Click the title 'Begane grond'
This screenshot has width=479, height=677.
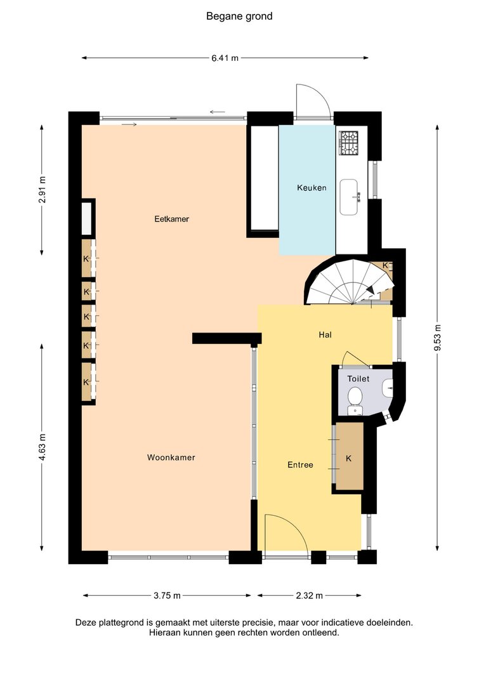[239, 16]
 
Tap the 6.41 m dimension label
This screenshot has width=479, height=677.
[225, 58]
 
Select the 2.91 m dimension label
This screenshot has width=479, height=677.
[42, 190]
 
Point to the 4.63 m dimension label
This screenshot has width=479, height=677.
[42, 447]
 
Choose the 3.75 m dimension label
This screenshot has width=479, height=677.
[167, 596]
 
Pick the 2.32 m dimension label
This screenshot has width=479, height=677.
[310, 596]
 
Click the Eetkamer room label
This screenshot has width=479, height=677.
[172, 219]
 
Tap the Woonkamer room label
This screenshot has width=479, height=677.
[171, 457]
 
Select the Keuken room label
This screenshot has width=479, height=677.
[312, 188]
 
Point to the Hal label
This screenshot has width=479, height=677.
[325, 334]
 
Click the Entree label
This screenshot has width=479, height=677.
[300, 465]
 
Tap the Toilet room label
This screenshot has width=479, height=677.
[358, 379]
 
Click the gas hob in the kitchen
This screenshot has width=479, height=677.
[349, 143]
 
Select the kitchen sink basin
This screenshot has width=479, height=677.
[349, 197]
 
